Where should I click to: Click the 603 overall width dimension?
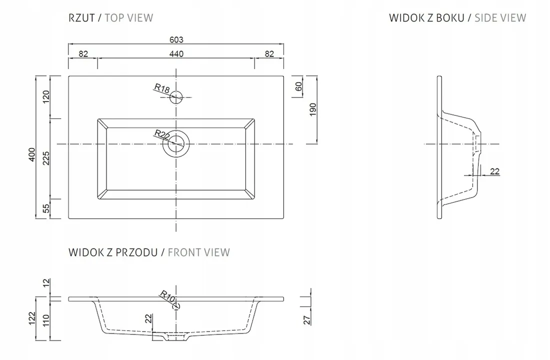click(x=176, y=39)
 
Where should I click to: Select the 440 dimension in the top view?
click(x=176, y=53)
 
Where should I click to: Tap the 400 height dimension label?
click(x=32, y=154)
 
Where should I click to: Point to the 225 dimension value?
click(x=46, y=158)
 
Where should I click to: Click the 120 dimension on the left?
click(x=46, y=97)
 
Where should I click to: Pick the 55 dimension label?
click(x=46, y=208)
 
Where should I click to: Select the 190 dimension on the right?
click(x=313, y=109)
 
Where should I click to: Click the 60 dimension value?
click(x=298, y=86)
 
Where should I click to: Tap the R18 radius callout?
click(x=162, y=88)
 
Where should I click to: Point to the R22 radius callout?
click(x=162, y=134)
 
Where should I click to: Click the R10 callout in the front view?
click(x=167, y=297)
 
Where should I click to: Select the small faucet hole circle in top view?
click(x=176, y=97)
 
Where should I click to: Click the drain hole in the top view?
click(x=176, y=144)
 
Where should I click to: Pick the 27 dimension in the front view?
click(x=307, y=320)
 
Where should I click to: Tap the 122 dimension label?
click(x=32, y=318)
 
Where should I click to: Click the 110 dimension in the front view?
click(x=46, y=320)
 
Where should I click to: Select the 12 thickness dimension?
click(x=46, y=283)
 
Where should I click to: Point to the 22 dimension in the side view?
click(x=494, y=171)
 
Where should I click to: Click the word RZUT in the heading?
click(x=81, y=18)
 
